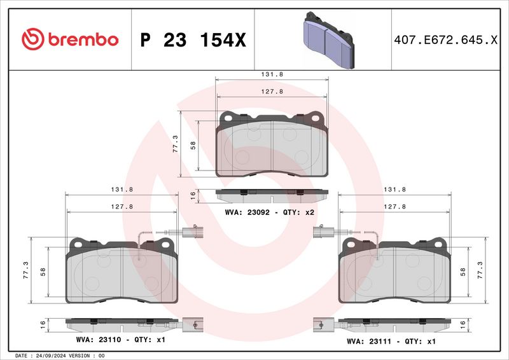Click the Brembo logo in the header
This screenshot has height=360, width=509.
[69, 39]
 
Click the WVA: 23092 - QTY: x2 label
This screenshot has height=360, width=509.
[270, 212]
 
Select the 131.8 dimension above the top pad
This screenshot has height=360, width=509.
[272, 74]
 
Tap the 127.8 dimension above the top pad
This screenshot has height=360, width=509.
[272, 92]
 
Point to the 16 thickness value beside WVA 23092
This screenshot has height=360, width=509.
[193, 197]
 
